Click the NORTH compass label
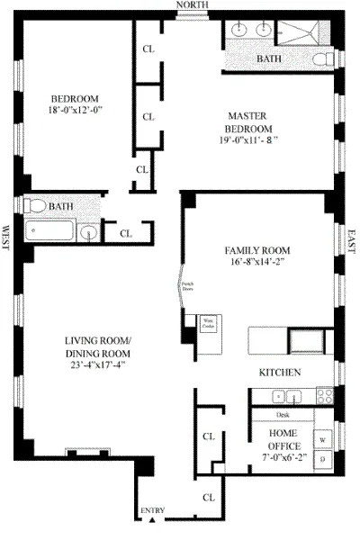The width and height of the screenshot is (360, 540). click(192, 5)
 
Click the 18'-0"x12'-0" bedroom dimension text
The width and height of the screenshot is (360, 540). click(74, 111)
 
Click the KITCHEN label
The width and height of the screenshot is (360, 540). click(279, 372)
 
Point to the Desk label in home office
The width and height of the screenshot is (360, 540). click(283, 415)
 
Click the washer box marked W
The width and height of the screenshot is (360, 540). click(321, 439)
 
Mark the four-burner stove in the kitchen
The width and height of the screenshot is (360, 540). click(322, 395)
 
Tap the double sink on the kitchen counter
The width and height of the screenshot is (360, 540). click(284, 395)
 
